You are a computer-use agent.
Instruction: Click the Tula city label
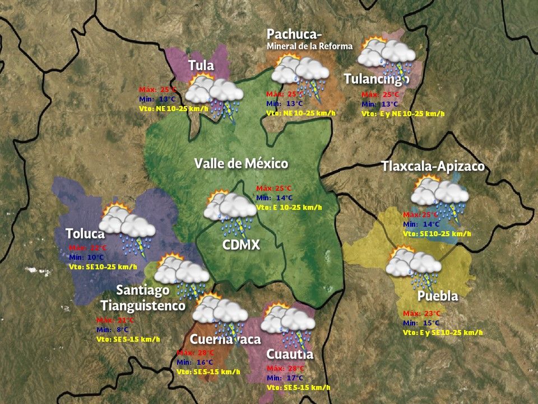point(201,66)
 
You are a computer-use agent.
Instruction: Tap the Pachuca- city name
point(294,34)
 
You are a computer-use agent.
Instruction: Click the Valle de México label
point(241,164)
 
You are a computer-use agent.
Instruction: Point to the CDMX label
point(242,245)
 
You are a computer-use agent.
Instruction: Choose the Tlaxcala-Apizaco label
point(433,167)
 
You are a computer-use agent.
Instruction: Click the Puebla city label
point(438,296)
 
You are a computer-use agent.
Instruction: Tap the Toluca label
point(85,234)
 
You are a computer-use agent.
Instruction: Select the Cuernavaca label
point(225,339)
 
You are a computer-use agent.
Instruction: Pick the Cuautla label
point(290,355)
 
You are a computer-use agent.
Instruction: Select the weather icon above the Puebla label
point(414,265)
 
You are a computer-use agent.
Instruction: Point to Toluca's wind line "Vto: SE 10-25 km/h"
point(103,267)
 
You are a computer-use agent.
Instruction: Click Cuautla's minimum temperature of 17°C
point(286,378)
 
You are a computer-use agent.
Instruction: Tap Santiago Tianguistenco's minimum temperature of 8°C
point(113,330)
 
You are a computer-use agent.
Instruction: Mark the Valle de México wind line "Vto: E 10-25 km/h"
point(289,208)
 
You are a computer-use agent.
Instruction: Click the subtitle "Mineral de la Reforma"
point(309,46)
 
